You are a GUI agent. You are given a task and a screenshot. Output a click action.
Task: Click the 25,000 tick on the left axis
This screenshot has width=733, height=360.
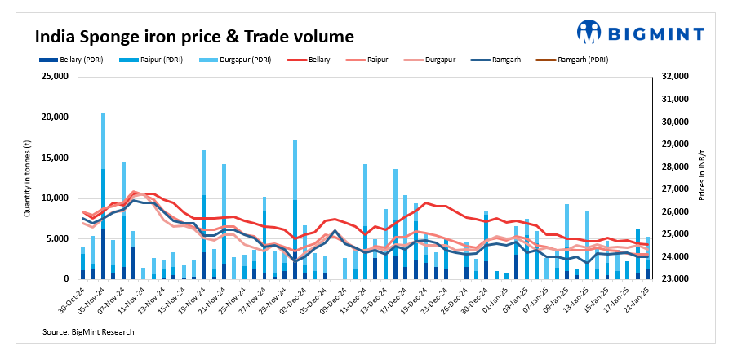55,77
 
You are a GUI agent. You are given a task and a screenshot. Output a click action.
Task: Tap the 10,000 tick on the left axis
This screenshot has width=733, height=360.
55,198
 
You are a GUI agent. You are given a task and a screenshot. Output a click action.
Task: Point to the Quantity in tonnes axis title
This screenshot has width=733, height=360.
27,178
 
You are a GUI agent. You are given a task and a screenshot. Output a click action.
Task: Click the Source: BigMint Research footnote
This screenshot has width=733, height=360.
88,332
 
